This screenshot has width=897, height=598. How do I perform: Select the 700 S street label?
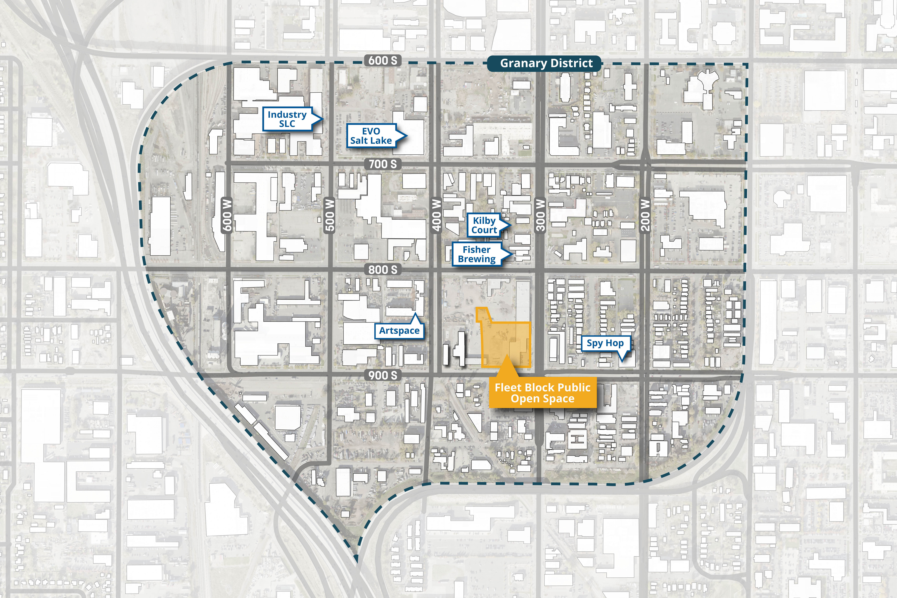(x=382, y=164)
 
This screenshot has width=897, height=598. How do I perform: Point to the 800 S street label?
(x=382, y=270)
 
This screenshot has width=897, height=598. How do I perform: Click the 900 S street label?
(x=382, y=375)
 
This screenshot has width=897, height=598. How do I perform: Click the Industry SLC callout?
(x=287, y=119)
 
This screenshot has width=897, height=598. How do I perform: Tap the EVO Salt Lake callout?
(x=371, y=136)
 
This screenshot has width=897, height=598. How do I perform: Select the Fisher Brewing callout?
(x=477, y=254)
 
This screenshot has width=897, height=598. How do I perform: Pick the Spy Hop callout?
(x=605, y=343)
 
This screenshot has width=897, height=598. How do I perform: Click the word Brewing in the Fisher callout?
(x=477, y=259)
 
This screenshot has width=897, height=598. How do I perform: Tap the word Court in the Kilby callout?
(x=484, y=230)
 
